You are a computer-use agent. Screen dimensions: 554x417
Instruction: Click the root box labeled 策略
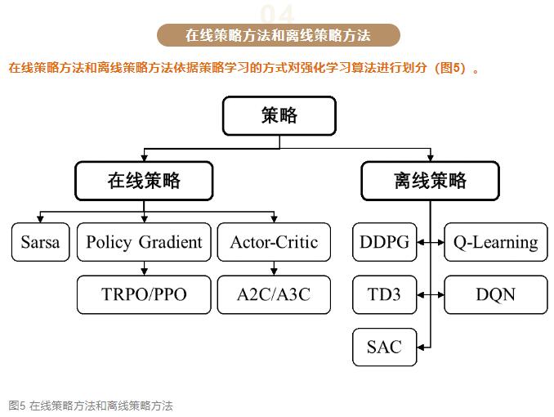(x=279, y=115)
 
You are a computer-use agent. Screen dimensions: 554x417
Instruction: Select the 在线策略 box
(x=144, y=181)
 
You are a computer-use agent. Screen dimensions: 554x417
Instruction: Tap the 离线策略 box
(x=430, y=181)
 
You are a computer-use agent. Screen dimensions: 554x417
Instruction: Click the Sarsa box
(x=40, y=242)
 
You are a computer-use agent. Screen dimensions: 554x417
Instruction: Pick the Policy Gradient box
(x=144, y=242)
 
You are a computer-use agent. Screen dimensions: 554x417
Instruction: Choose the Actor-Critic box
(x=274, y=242)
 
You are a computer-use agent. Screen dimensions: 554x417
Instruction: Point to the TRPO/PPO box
(x=144, y=294)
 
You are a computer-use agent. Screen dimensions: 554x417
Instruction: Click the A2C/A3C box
(x=274, y=294)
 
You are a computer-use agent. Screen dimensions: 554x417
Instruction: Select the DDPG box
(x=384, y=242)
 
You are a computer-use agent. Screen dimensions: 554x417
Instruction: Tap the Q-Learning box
(x=496, y=242)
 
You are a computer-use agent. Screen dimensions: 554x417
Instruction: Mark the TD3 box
(x=384, y=294)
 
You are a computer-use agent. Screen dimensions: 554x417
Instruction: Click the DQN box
(x=496, y=294)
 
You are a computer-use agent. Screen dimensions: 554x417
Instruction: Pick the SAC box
(x=384, y=347)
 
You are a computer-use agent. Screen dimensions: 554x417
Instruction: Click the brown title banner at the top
(x=279, y=35)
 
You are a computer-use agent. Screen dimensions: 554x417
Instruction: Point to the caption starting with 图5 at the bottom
(x=91, y=406)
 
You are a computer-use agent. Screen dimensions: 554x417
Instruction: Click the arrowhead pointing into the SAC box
(x=421, y=347)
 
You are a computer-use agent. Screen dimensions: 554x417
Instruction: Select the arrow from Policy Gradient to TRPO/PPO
(x=144, y=268)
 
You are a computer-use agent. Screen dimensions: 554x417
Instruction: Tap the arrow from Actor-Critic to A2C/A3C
(x=274, y=268)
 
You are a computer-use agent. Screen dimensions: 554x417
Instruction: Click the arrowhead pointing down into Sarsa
(x=40, y=219)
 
